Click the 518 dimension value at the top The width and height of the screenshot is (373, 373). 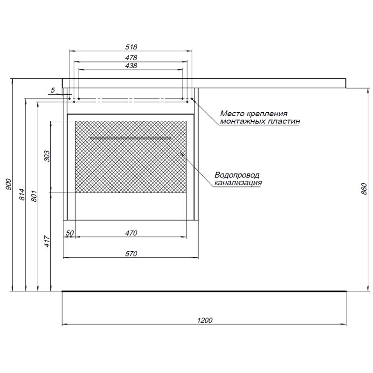131,47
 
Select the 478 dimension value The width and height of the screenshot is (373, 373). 131,57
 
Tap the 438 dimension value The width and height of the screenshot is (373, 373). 131,65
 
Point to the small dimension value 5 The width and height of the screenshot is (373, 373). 53,90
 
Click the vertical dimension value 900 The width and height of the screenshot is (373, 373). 8,184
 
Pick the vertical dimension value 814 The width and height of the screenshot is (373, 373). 21,194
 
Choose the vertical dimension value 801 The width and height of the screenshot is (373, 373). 34,196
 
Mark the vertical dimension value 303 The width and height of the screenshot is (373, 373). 47,156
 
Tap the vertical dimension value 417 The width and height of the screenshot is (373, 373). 47,241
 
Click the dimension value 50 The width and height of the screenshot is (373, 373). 69,233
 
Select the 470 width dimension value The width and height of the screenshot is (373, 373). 131,233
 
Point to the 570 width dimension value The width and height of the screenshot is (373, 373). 131,254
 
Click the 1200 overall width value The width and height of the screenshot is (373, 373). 205,320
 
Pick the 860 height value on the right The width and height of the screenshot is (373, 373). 364,189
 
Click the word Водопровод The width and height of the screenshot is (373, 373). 237,175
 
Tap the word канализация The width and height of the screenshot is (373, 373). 238,183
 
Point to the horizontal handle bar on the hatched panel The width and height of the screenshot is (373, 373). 131,138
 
